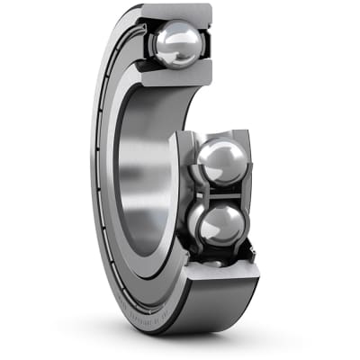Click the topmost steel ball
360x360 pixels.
[177, 44]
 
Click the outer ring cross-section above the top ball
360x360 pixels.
[176, 13]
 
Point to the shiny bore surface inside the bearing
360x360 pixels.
[144, 171]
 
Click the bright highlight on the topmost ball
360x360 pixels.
[171, 36]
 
